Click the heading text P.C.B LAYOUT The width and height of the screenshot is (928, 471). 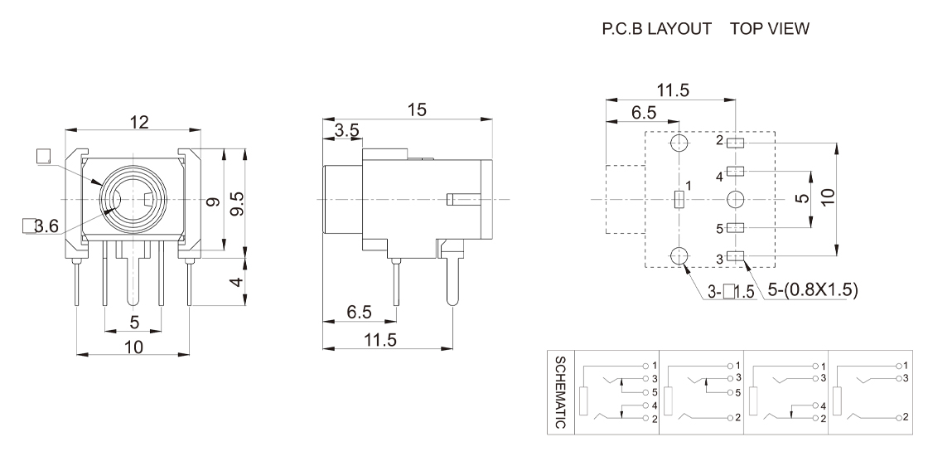pyautogui.click(x=660, y=29)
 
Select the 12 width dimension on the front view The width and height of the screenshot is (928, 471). pyautogui.click(x=138, y=122)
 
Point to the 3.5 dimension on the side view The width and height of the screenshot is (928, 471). pyautogui.click(x=346, y=130)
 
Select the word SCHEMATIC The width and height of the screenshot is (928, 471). pyautogui.click(x=560, y=393)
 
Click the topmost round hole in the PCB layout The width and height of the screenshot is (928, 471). pyautogui.click(x=679, y=143)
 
